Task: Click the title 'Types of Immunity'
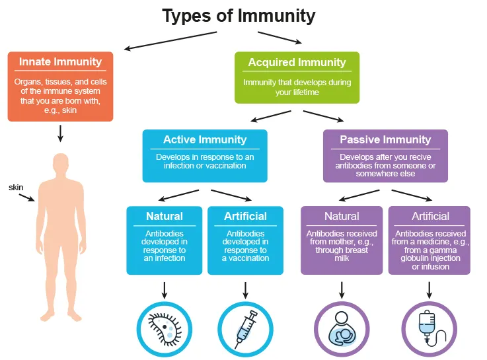click(239, 15)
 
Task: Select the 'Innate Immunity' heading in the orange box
click(60, 62)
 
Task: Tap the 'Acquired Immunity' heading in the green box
click(297, 63)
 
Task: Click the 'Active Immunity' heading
click(205, 140)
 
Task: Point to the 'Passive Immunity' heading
click(385, 140)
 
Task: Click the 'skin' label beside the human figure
click(16, 188)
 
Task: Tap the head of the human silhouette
click(61, 162)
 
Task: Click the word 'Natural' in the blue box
click(165, 217)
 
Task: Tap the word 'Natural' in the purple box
click(342, 217)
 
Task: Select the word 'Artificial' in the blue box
click(245, 217)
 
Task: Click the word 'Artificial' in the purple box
click(430, 217)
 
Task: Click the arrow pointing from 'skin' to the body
click(27, 198)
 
